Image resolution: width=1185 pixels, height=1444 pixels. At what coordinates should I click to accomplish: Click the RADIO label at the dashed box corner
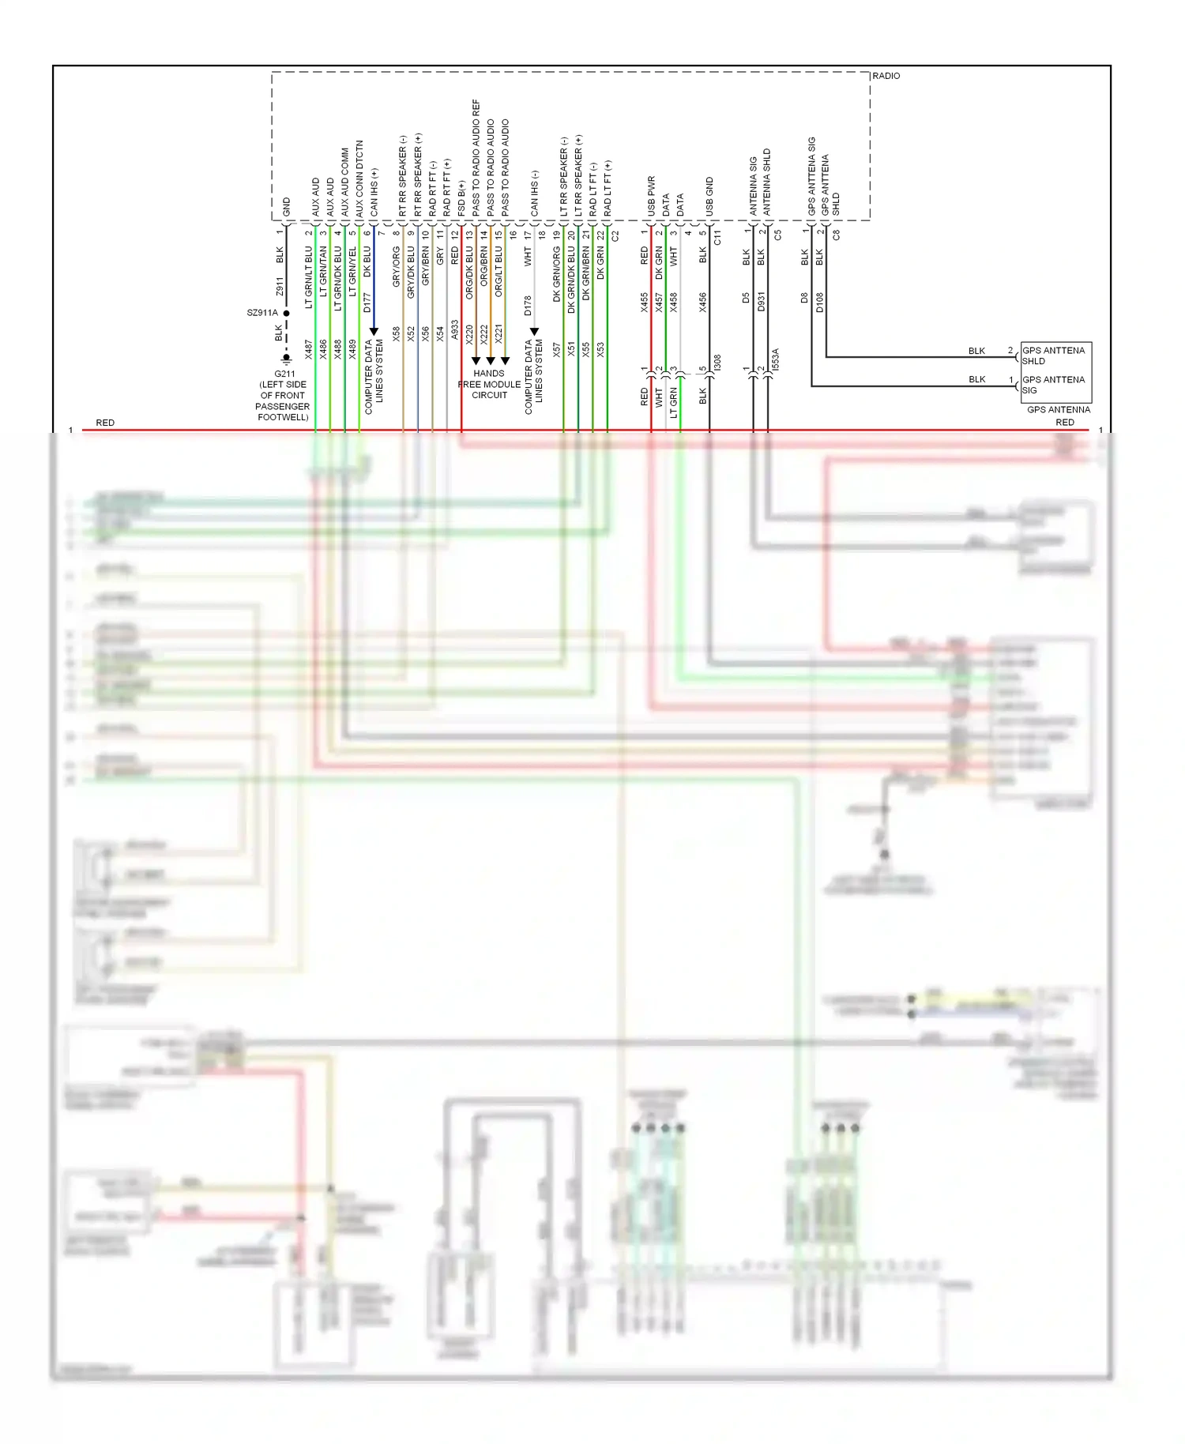tap(886, 76)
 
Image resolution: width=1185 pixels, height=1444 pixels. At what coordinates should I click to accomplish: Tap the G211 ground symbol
tap(286, 360)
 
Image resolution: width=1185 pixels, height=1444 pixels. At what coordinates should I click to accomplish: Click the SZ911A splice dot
tap(286, 313)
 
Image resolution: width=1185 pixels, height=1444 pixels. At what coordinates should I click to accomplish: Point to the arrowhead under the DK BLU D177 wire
tap(374, 331)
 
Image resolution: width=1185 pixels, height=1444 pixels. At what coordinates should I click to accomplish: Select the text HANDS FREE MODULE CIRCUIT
tap(489, 384)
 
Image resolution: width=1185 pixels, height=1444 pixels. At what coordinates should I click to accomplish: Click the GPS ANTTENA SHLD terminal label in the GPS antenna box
tap(1053, 355)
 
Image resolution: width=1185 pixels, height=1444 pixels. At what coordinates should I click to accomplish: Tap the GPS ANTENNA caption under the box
tap(1058, 409)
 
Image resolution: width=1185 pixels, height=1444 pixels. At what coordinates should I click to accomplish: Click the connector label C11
tap(717, 237)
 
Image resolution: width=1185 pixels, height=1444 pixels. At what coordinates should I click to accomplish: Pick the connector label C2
tap(615, 235)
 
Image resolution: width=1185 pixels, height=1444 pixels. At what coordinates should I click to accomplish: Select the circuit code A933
tap(454, 330)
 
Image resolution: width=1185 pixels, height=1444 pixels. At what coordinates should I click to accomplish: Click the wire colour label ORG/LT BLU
tap(498, 273)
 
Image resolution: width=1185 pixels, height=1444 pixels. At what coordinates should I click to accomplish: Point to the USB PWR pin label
tap(652, 196)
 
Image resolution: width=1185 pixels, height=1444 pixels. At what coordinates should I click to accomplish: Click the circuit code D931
tap(761, 302)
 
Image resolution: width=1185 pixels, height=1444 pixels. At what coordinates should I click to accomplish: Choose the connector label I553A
tap(775, 359)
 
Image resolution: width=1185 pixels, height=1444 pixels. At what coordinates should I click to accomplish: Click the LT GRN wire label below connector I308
tap(674, 402)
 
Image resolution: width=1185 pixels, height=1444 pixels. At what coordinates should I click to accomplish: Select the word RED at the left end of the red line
tap(105, 423)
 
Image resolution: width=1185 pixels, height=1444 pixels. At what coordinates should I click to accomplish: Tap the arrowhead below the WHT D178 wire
tap(534, 332)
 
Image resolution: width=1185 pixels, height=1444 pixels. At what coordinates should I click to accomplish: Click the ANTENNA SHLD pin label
tap(767, 182)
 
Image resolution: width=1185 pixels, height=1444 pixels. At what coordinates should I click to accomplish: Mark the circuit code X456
tap(702, 303)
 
